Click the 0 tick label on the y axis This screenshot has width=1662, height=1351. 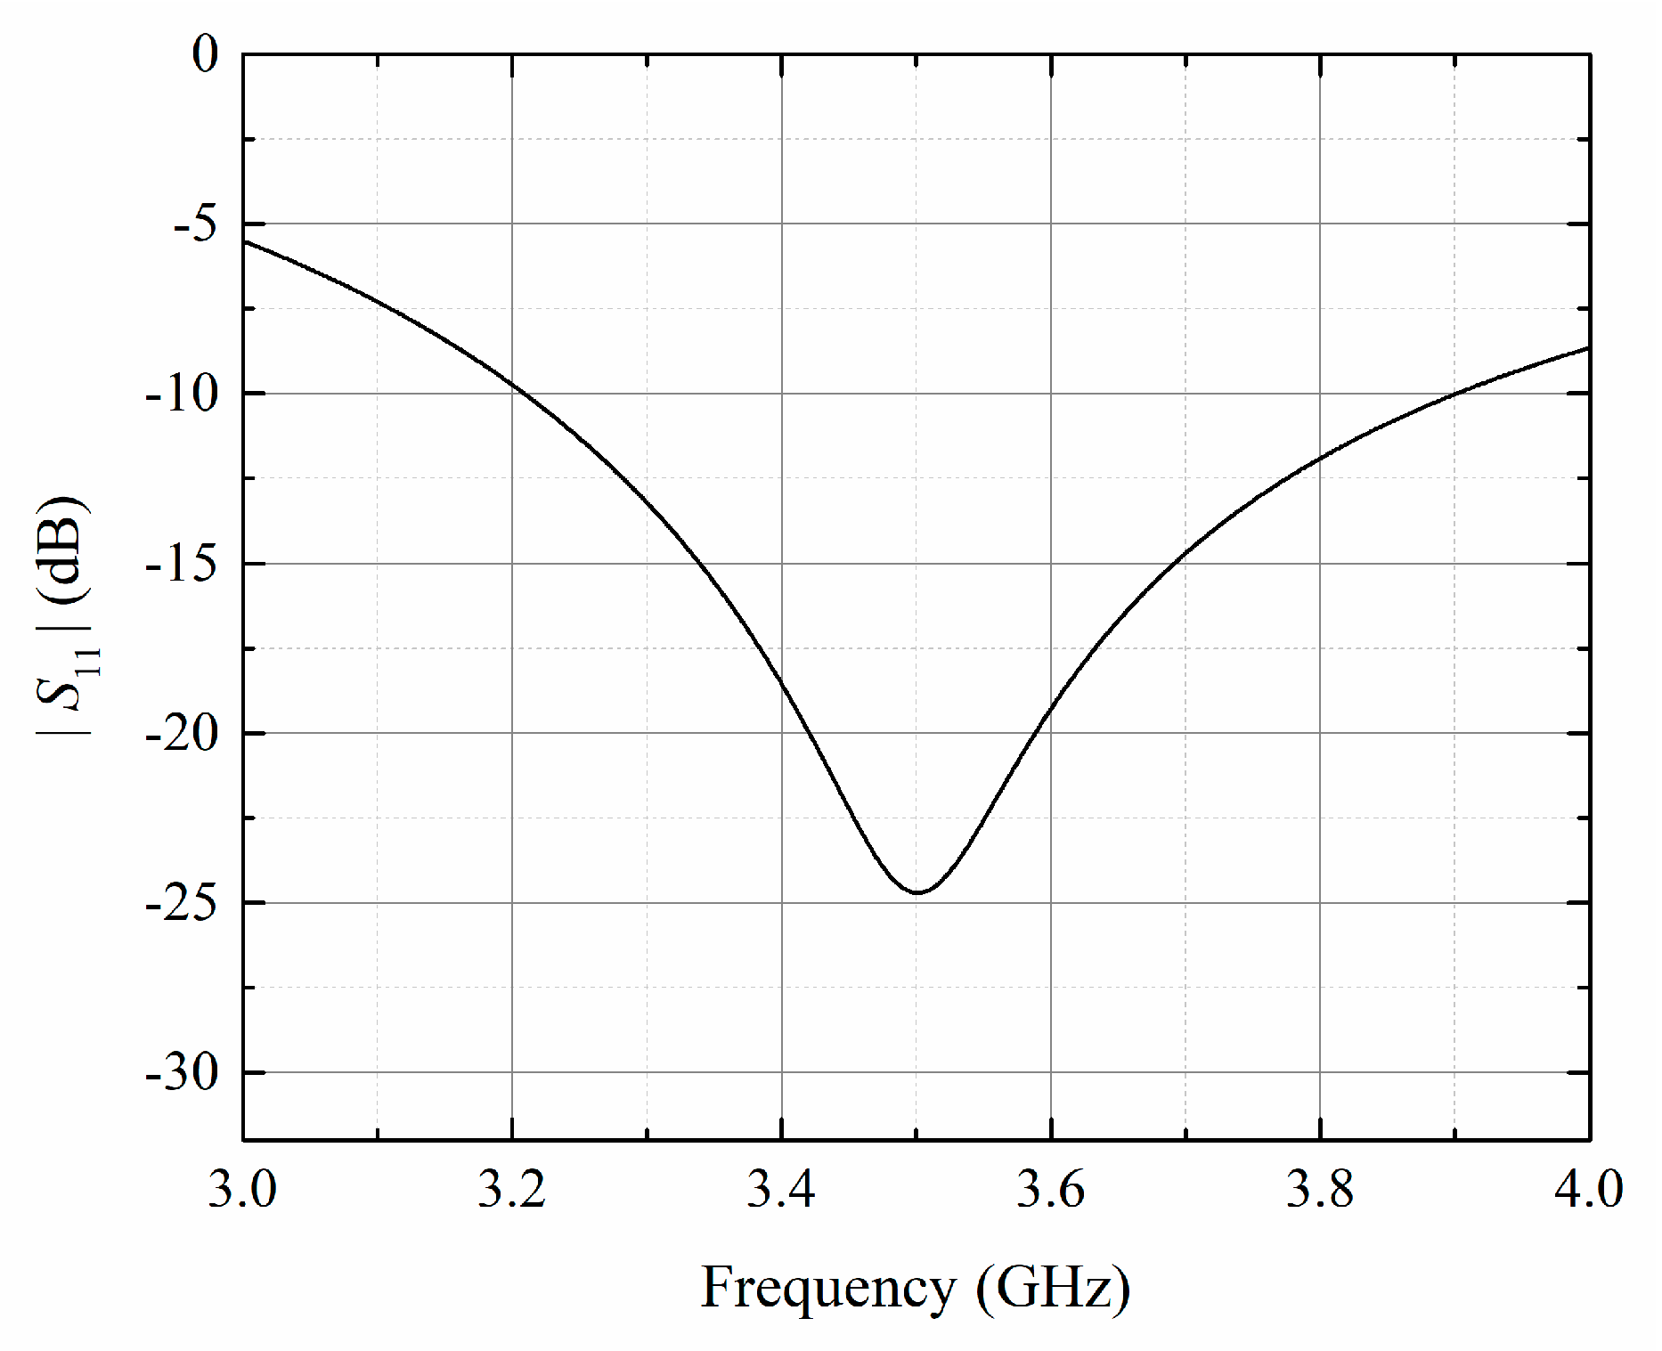coord(205,55)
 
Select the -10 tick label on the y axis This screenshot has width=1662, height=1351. coord(182,394)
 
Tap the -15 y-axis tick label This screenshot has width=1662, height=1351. coord(182,564)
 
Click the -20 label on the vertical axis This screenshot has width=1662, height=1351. coord(182,734)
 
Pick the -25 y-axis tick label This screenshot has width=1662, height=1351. coord(182,903)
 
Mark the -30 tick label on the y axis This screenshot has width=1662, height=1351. coord(182,1073)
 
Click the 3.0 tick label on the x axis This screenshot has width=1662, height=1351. coord(242,1190)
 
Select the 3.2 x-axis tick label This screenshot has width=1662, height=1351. coord(512,1190)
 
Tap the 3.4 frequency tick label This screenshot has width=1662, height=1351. coord(781,1190)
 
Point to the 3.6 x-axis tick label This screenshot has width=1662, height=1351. coord(1051,1190)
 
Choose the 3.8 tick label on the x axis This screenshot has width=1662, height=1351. coord(1320,1190)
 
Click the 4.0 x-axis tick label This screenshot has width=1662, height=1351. coord(1589,1190)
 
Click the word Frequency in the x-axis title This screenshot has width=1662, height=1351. coord(828,1288)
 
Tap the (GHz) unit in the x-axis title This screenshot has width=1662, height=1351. coord(1053,1288)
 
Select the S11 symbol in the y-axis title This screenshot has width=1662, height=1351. coord(67,686)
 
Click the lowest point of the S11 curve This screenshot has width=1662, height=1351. coord(917,892)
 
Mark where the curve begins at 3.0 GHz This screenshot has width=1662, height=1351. coord(244,241)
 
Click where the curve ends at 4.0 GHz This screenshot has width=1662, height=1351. coord(1588,347)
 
